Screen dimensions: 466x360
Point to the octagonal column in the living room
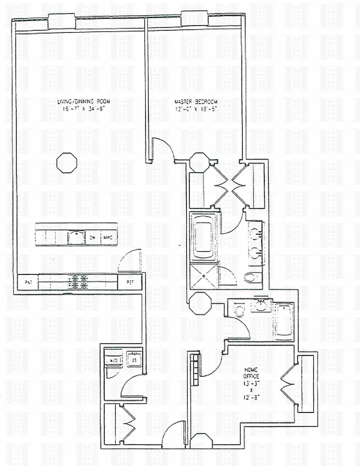coord(66,161)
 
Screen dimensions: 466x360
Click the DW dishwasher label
coord(93,238)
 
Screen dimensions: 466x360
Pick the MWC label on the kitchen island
coord(108,238)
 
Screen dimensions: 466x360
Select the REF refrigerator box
coord(129,283)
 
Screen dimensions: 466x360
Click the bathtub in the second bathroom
coord(283,321)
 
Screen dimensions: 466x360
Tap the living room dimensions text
coord(87,109)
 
